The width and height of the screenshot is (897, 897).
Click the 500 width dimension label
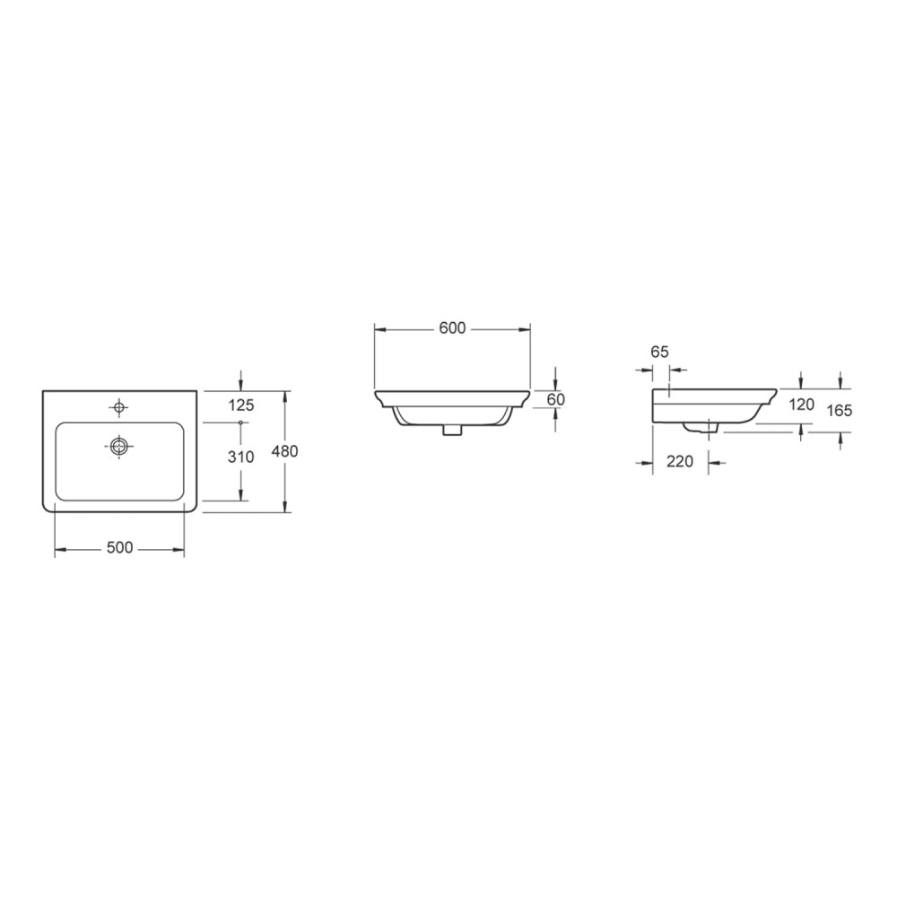click(x=119, y=547)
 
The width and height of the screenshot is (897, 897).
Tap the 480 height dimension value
click(x=284, y=451)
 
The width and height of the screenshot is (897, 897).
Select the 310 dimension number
click(x=240, y=457)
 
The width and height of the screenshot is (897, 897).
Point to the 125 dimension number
click(x=240, y=405)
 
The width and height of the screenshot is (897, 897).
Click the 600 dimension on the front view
click(x=452, y=327)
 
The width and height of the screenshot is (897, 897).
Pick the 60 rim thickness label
click(x=555, y=399)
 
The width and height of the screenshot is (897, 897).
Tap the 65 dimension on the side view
click(x=659, y=352)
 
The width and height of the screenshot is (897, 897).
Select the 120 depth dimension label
click(x=801, y=405)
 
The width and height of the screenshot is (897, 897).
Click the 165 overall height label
click(x=840, y=410)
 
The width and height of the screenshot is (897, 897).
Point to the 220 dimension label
click(x=680, y=461)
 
